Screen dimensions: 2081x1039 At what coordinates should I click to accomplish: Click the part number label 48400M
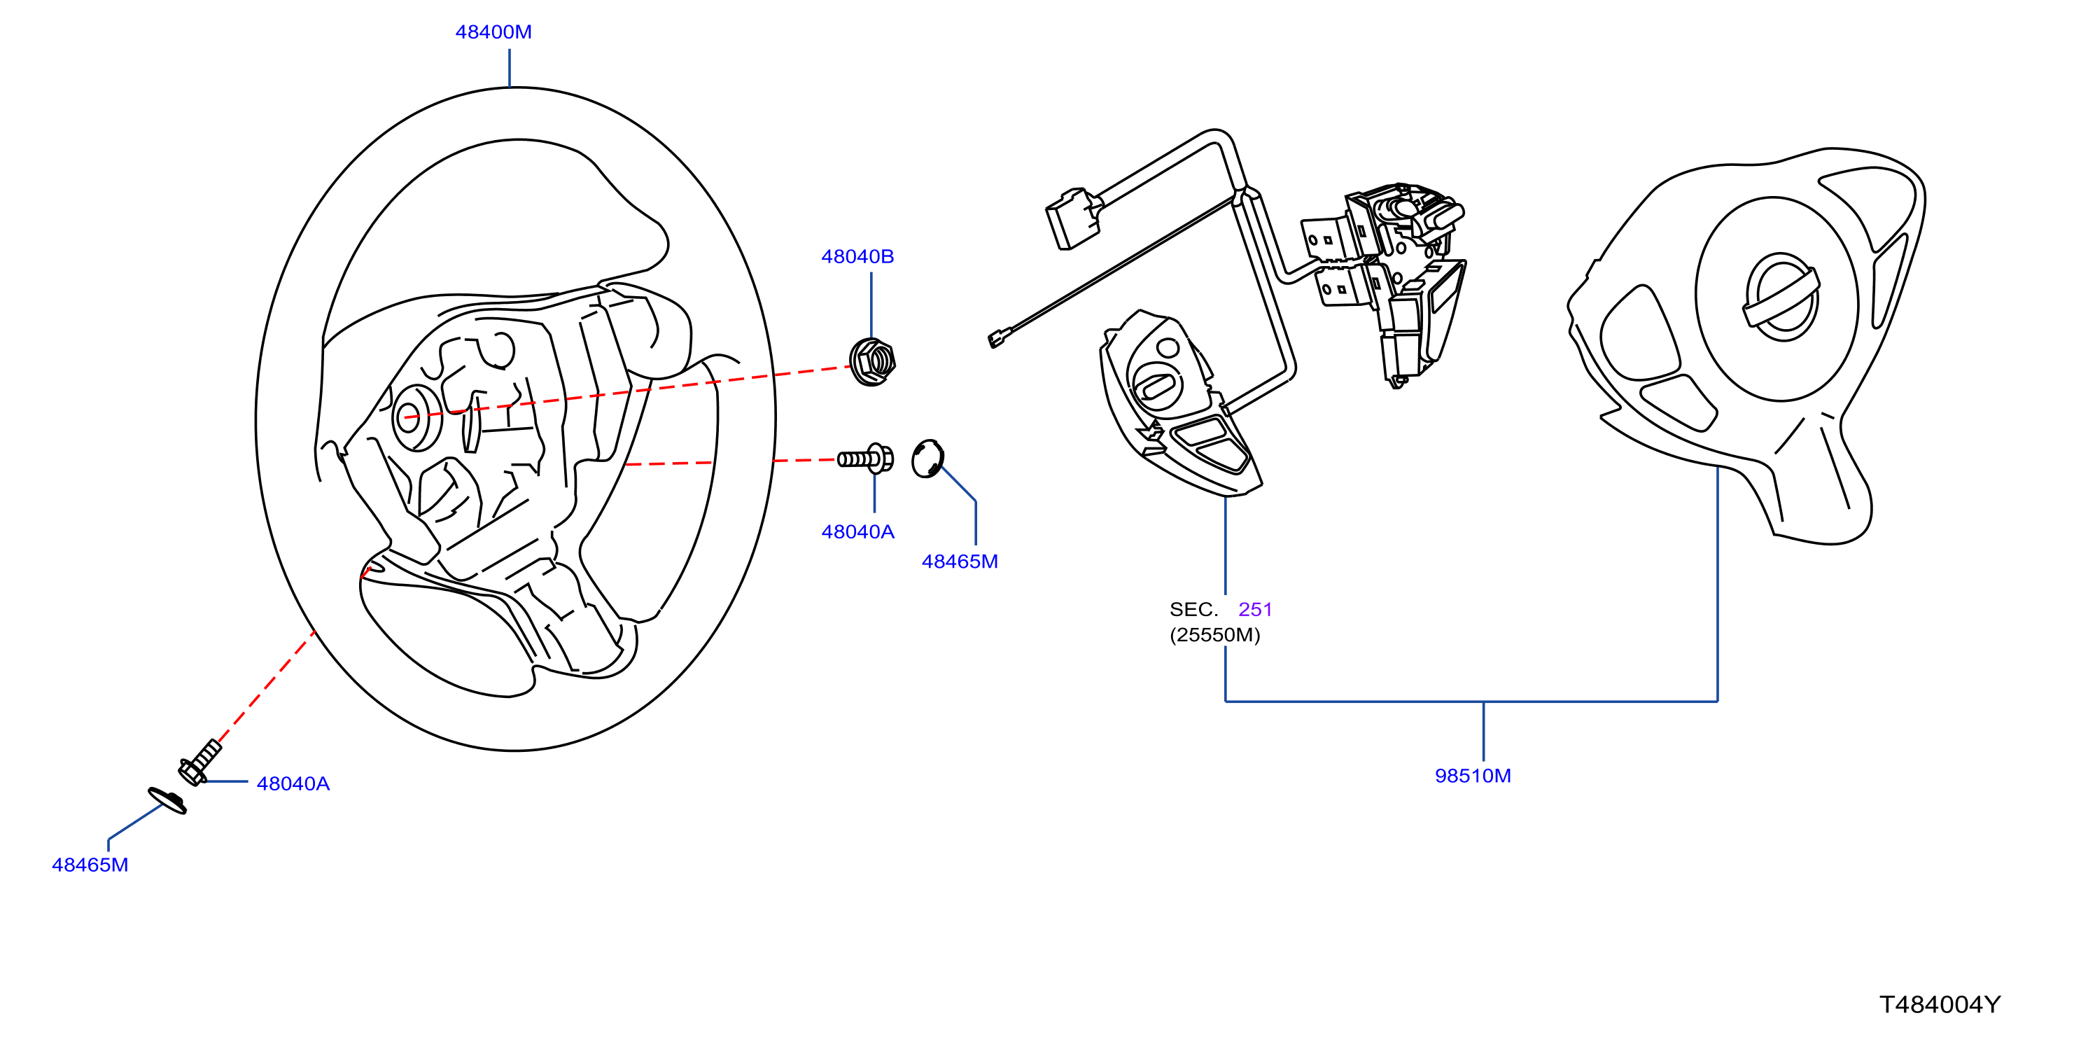point(493,32)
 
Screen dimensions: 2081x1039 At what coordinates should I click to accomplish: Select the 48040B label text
point(857,257)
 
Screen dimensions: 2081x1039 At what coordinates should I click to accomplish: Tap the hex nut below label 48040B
point(871,362)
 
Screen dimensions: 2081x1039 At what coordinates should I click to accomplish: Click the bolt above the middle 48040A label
point(865,459)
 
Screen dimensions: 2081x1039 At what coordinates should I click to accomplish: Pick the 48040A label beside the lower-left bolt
point(293,783)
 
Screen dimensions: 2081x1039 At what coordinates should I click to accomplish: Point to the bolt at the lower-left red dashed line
point(199,762)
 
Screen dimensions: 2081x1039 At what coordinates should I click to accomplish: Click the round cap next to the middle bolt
point(927,459)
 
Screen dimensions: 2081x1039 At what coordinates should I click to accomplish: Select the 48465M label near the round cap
point(960,562)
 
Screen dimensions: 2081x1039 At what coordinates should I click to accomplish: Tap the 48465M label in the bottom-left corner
point(90,865)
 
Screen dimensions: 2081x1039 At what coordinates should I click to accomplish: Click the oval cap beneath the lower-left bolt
point(167,801)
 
